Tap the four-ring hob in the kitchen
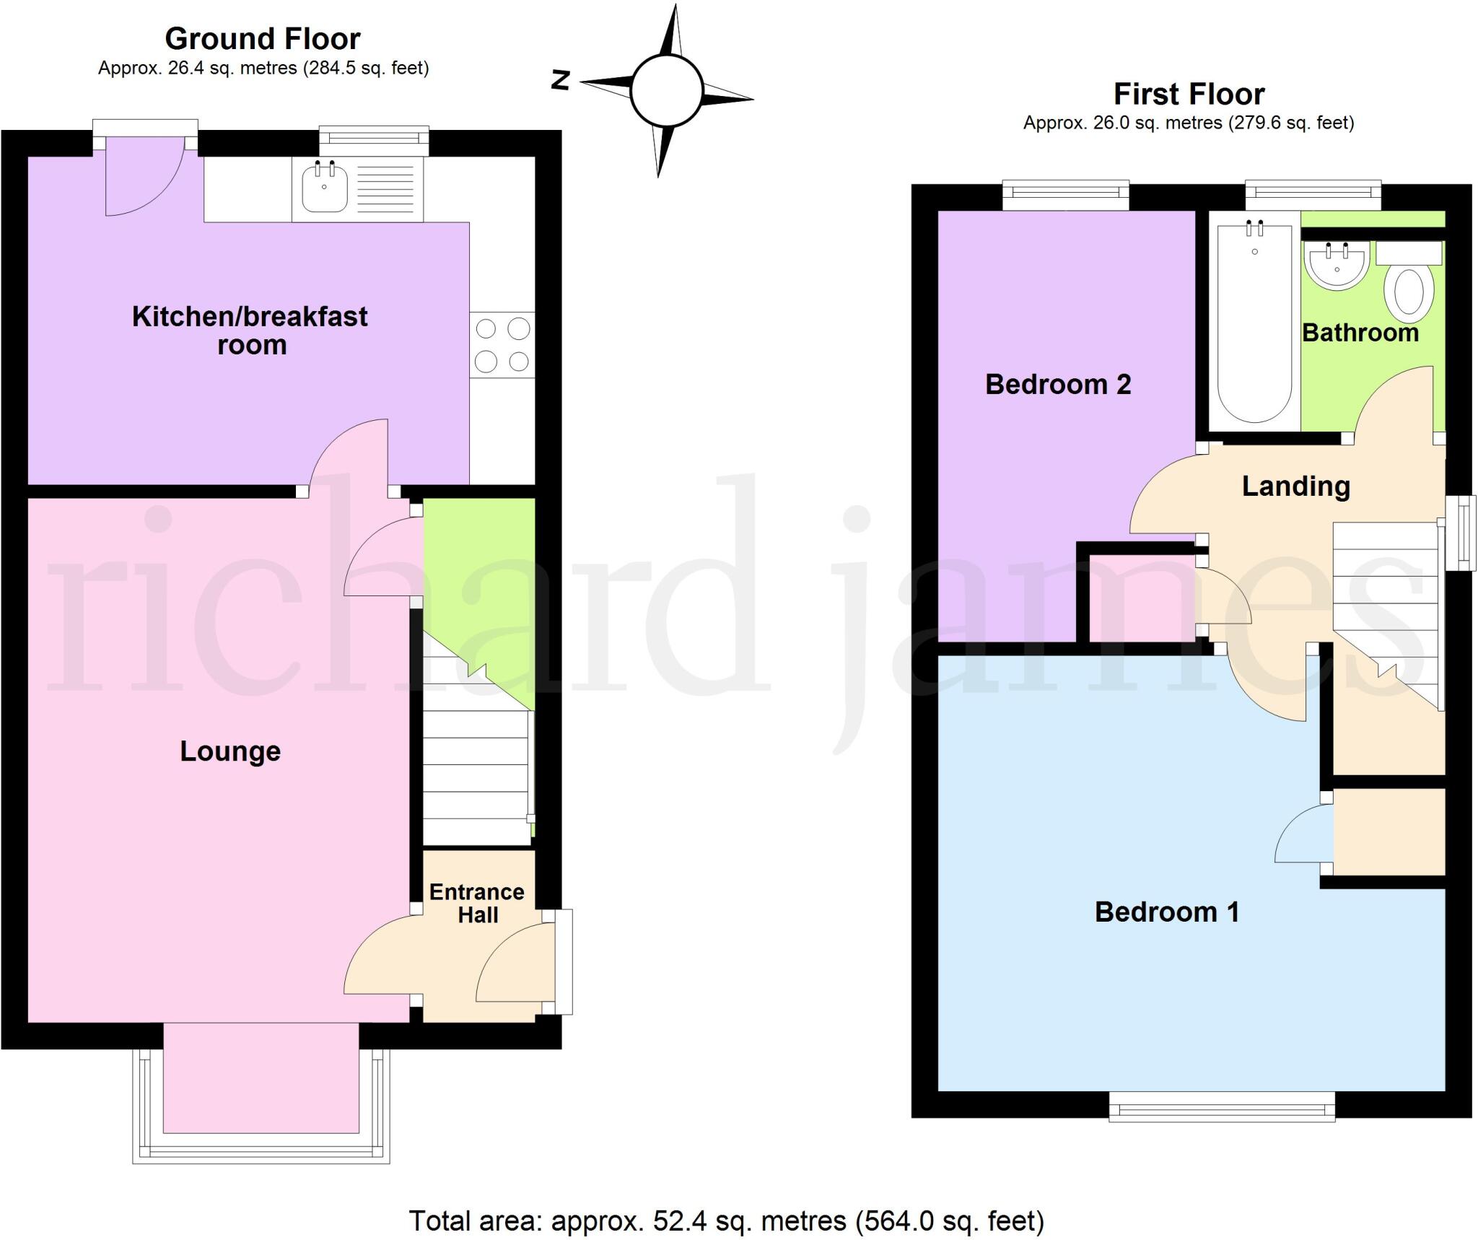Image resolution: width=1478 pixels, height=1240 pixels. pyautogui.click(x=502, y=344)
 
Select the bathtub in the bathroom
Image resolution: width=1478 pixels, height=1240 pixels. pyautogui.click(x=1254, y=323)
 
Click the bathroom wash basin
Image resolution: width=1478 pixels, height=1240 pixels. pyautogui.click(x=1337, y=265)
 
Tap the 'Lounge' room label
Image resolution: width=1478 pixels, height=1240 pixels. pyautogui.click(x=230, y=751)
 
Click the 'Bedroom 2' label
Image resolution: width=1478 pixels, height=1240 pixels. pyautogui.click(x=1058, y=384)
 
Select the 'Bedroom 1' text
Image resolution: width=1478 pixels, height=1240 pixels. pyautogui.click(x=1167, y=912)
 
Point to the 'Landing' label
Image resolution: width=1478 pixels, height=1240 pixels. pyautogui.click(x=1295, y=487)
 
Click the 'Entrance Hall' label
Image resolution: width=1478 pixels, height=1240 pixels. pyautogui.click(x=477, y=903)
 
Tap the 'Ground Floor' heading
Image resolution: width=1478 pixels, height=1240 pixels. pyautogui.click(x=263, y=38)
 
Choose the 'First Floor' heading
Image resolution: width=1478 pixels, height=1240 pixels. pyautogui.click(x=1189, y=94)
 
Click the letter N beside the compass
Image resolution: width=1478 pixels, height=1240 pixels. pyautogui.click(x=561, y=79)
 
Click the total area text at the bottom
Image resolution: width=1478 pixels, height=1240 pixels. pyautogui.click(x=727, y=1221)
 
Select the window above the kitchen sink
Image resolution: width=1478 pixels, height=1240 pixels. pyautogui.click(x=374, y=140)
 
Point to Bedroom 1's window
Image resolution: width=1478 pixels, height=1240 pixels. pyautogui.click(x=1222, y=1105)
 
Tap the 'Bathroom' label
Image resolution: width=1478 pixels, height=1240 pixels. pyautogui.click(x=1360, y=333)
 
